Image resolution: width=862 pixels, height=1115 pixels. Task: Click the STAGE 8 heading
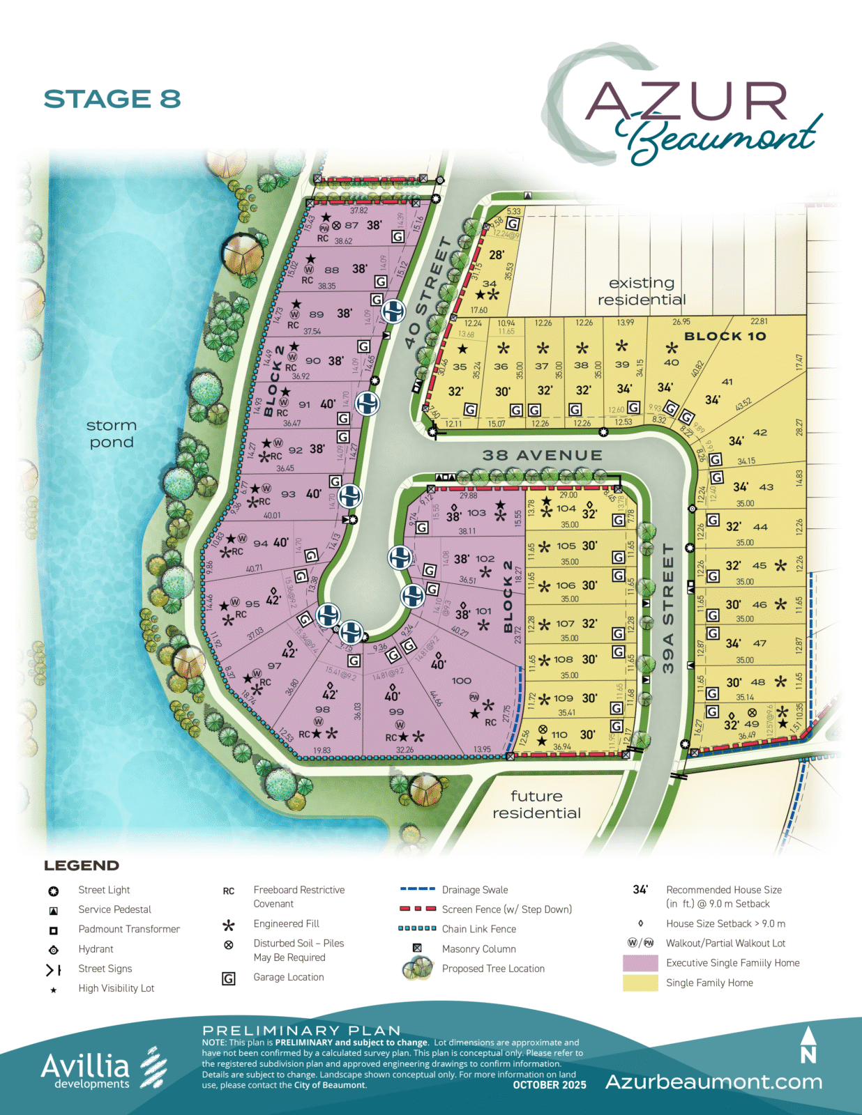click(112, 99)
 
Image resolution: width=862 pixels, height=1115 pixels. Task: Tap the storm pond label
click(112, 433)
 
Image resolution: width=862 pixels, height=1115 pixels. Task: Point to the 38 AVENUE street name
click(542, 455)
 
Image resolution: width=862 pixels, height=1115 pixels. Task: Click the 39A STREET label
click(668, 608)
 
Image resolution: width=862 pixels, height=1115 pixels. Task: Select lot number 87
click(351, 225)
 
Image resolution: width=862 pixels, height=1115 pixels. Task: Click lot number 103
click(476, 512)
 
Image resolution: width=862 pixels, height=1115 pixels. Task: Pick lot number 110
click(559, 735)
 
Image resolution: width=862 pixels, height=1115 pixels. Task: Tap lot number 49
click(752, 724)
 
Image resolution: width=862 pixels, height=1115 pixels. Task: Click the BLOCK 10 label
click(725, 336)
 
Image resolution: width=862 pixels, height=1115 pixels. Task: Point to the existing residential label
click(642, 291)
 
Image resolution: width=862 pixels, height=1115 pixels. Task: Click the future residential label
click(536, 804)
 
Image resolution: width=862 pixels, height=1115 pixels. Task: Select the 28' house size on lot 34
click(497, 255)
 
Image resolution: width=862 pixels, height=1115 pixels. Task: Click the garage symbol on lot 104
click(618, 520)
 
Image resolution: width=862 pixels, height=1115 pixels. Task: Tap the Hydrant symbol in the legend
click(53, 950)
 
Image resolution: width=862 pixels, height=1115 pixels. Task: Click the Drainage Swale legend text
click(475, 890)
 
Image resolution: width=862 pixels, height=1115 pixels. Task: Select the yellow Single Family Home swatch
click(640, 983)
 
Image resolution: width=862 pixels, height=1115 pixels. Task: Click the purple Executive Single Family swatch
click(640, 963)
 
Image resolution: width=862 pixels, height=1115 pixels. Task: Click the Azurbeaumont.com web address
click(713, 1082)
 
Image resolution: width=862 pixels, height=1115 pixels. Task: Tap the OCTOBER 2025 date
click(550, 1085)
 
